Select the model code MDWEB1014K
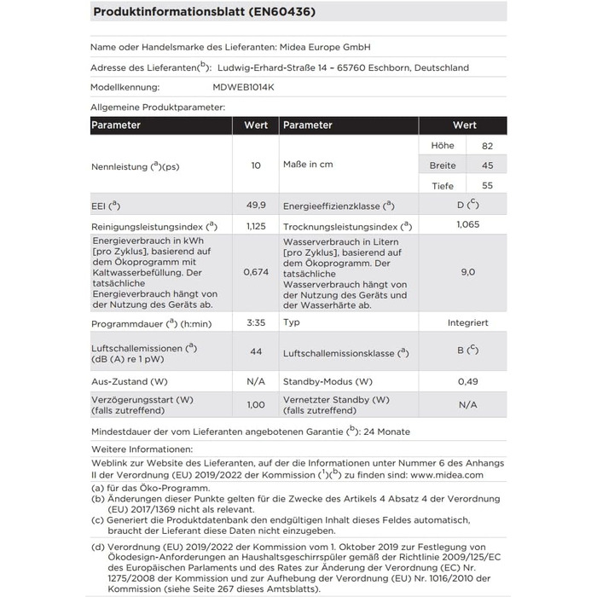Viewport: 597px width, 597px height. tap(243, 88)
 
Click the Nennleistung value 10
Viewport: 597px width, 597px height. tap(256, 165)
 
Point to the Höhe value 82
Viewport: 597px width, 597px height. tap(487, 146)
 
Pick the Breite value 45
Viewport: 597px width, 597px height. tap(487, 165)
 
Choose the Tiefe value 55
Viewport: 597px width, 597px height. tap(487, 185)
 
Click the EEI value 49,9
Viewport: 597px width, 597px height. tap(256, 206)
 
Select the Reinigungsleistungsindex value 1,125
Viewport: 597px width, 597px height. tap(256, 226)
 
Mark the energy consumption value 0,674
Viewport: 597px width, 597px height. tap(256, 272)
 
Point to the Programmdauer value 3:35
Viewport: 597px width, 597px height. tap(256, 323)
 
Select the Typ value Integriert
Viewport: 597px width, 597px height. tap(467, 323)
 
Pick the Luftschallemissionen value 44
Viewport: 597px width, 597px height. tap(256, 351)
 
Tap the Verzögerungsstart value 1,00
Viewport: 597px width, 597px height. tap(256, 405)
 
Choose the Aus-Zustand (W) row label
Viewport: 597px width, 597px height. tap(130, 380)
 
